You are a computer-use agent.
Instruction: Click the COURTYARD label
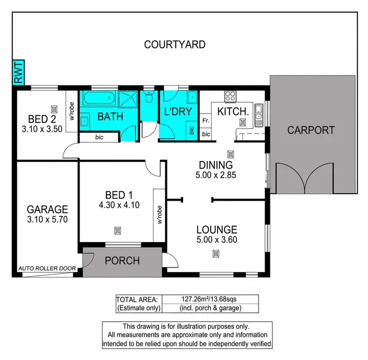click(x=174, y=45)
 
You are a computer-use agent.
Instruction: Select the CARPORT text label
click(x=311, y=130)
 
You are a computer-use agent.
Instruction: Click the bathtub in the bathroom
click(x=99, y=100)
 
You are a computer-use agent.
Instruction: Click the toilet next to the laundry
click(x=149, y=96)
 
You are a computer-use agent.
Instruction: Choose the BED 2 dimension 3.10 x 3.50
click(x=42, y=129)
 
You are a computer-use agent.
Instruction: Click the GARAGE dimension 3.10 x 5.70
click(x=47, y=219)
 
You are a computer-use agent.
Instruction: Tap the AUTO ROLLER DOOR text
click(x=47, y=269)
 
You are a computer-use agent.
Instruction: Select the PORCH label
click(x=122, y=261)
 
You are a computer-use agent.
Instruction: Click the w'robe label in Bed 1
click(x=159, y=215)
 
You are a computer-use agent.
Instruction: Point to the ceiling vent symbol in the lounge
click(x=216, y=254)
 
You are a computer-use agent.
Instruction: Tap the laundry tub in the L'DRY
click(x=193, y=96)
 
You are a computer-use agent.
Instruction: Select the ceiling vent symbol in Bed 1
click(x=117, y=230)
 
